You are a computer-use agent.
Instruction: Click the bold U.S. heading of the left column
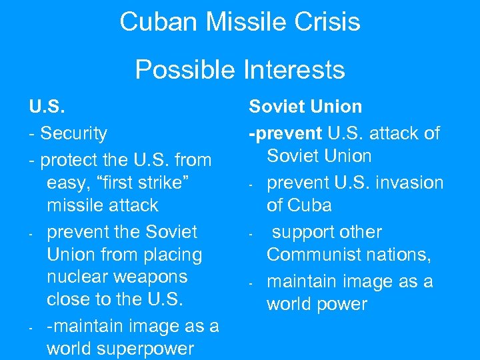tap(43, 107)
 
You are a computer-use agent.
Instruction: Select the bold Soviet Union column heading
tap(305, 107)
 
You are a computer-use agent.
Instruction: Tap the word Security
tap(73, 133)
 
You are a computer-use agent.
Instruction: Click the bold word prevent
tap(286, 133)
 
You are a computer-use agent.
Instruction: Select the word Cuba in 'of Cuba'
tap(310, 205)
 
